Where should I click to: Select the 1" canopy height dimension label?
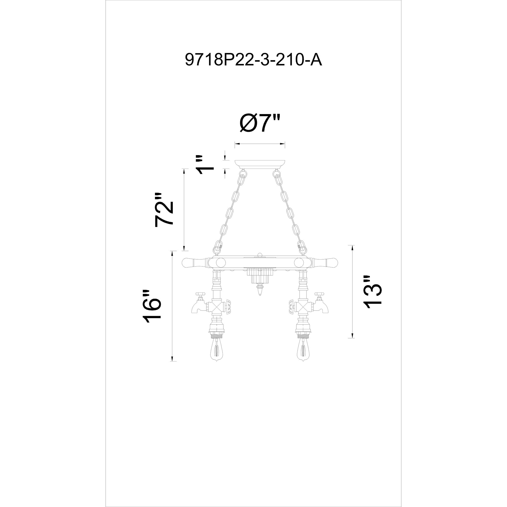tap(205, 165)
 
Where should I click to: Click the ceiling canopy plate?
tap(260, 164)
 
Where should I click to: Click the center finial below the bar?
tap(260, 291)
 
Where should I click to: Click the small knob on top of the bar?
tap(260, 255)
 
